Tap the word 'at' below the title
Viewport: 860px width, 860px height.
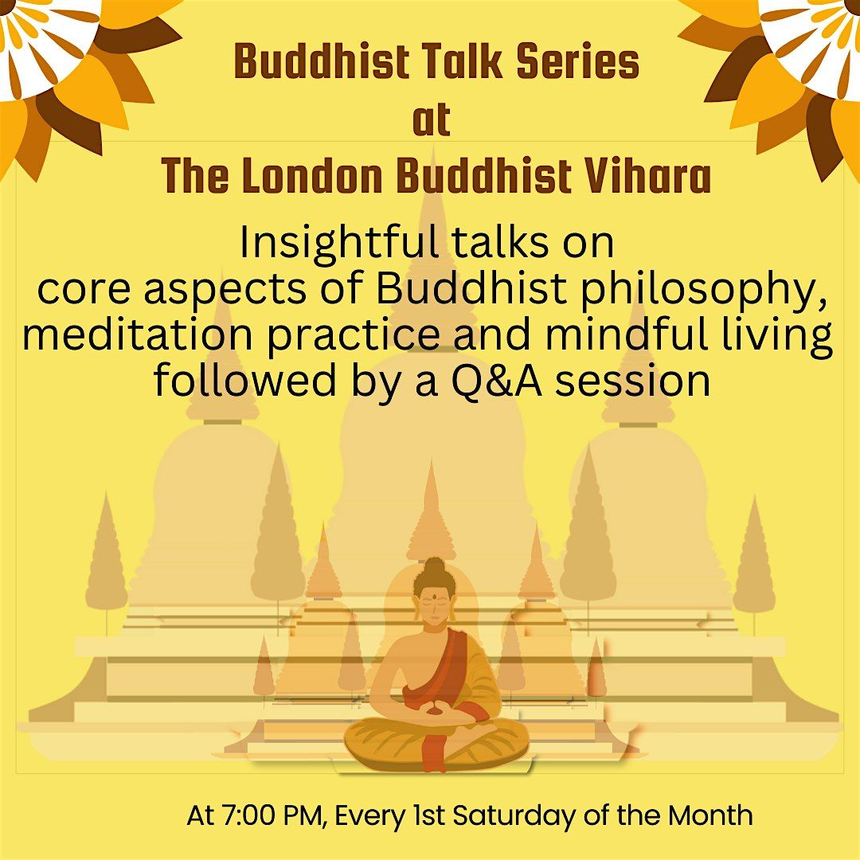tap(431, 120)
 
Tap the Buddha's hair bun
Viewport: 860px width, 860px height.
tap(434, 566)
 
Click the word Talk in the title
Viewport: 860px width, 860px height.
tap(451, 63)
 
